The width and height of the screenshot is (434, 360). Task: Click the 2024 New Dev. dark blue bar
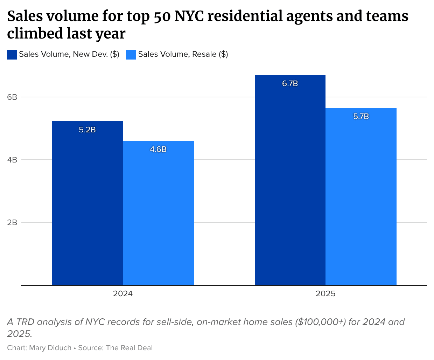pyautogui.click(x=87, y=207)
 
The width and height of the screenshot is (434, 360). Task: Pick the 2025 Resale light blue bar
pyautogui.click(x=361, y=200)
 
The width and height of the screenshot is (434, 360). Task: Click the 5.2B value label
pyautogui.click(x=87, y=130)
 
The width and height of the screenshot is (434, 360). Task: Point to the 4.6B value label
pyautogui.click(x=158, y=150)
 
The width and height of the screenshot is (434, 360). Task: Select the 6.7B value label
pyautogui.click(x=290, y=84)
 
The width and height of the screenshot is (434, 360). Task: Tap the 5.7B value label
pyautogui.click(x=361, y=117)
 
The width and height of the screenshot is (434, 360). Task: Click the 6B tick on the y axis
pyautogui.click(x=12, y=97)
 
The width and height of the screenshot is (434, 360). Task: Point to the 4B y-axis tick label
pyautogui.click(x=12, y=160)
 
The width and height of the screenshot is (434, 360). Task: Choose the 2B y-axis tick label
pyautogui.click(x=12, y=222)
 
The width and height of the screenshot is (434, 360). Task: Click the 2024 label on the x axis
pyautogui.click(x=122, y=294)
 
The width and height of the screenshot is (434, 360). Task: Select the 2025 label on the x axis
pyautogui.click(x=325, y=294)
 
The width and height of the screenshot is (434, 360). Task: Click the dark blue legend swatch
pyautogui.click(x=12, y=55)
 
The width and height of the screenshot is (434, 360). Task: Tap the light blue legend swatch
pyautogui.click(x=131, y=55)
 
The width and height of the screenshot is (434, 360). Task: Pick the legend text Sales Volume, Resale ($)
pyautogui.click(x=183, y=54)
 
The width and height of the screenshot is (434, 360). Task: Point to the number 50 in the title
pyautogui.click(x=162, y=16)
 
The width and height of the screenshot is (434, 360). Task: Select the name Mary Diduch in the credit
pyautogui.click(x=50, y=348)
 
